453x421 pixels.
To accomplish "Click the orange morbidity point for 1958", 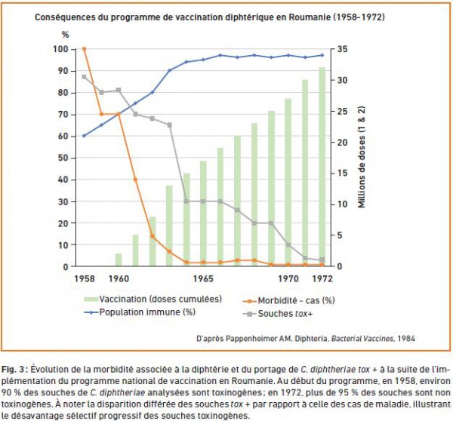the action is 84,49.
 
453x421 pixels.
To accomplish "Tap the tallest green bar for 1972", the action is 322,167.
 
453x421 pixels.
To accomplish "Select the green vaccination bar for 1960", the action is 119,260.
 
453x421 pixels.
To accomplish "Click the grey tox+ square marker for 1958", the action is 84,77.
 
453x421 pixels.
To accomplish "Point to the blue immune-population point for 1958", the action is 84,136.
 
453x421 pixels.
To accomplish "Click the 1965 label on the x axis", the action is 203,278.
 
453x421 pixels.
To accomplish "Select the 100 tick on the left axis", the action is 60,49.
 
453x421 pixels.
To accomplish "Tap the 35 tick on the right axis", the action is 342,49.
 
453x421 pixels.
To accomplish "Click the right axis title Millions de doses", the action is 362,157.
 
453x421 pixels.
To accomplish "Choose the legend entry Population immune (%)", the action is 140,312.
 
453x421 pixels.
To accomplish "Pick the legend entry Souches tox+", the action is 278,314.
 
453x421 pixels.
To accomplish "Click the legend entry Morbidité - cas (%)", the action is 289,300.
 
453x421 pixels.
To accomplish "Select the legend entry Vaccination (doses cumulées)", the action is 153,299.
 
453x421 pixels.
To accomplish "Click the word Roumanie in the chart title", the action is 310,17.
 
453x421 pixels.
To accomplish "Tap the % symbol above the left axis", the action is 65,35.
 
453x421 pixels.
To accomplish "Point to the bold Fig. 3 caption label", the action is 14,369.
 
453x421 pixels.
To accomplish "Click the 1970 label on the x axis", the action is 288,278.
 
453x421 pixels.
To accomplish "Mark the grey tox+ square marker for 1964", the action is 186,201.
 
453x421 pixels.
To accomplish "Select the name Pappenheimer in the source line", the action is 251,339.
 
